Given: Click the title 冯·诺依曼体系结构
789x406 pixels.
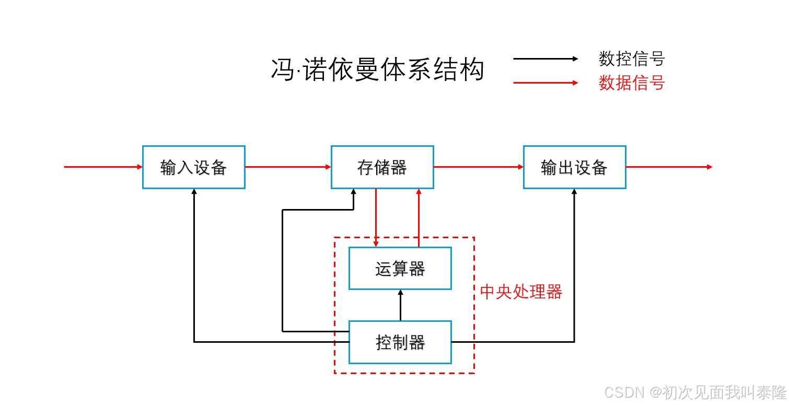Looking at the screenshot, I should (x=377, y=70).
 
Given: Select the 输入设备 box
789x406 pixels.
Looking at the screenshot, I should (x=193, y=167).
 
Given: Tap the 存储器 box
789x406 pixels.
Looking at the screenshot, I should (x=382, y=167).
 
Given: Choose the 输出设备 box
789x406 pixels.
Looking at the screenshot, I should (x=574, y=167).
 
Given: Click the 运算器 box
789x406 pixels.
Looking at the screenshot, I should (x=400, y=269).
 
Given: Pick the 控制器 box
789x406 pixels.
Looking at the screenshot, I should (x=400, y=342).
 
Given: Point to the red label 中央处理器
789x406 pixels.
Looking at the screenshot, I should (x=520, y=292).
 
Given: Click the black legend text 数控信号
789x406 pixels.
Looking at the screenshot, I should (x=631, y=59).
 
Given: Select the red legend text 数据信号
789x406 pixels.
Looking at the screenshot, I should (x=631, y=83).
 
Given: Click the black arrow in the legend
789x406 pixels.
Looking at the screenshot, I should (x=546, y=59).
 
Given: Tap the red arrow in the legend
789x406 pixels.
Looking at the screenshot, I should (x=546, y=83).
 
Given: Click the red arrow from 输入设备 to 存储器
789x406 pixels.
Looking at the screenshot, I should (x=287, y=167).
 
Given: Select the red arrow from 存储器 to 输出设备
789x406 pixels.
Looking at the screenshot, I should (x=478, y=167).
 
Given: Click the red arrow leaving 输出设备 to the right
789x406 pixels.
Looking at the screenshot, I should (x=669, y=167).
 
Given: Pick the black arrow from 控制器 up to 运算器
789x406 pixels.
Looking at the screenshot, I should (x=401, y=305).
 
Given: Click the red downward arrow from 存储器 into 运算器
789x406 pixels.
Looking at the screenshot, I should (x=376, y=217).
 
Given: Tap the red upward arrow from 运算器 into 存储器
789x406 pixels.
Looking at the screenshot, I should (x=419, y=217).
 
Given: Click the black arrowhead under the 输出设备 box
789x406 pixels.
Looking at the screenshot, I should (x=574, y=192).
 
